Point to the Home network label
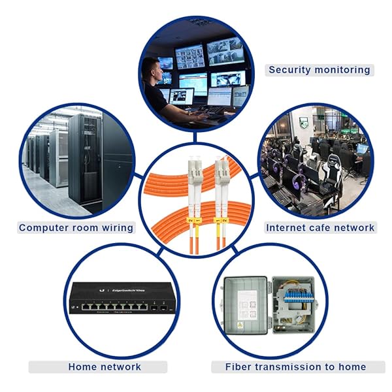pos(105,367)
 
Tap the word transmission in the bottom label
pos(293,367)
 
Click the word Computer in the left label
pos(44,228)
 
